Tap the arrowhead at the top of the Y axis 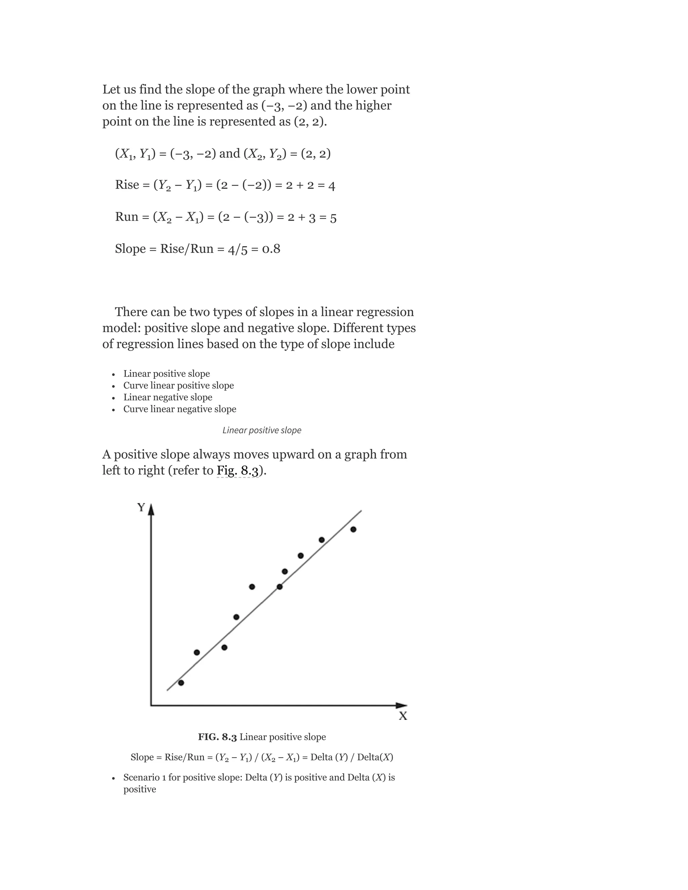click(151, 510)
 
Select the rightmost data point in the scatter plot click(353, 529)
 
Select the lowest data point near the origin click(181, 682)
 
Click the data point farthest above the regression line click(252, 587)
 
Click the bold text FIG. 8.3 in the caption click(217, 737)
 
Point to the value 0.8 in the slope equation click(271, 249)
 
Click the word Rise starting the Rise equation click(127, 185)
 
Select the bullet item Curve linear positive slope click(178, 386)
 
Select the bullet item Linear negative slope click(168, 397)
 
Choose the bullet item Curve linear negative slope click(180, 409)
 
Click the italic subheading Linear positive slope click(262, 430)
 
